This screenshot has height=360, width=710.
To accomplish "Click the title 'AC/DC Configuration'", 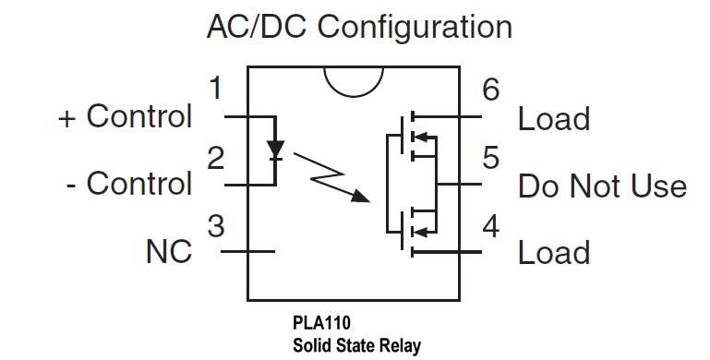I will point(358,28).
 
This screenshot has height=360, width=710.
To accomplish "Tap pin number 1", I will point(216,90).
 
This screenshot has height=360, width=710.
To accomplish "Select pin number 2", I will point(216,157).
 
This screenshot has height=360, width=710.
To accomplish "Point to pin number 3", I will point(216,225).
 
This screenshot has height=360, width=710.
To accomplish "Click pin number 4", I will point(491,225).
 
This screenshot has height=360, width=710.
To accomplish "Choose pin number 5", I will point(491,157).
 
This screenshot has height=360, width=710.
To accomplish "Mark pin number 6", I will point(491,90).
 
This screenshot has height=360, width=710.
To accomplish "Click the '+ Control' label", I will point(126,117).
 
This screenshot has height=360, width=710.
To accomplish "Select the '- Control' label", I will point(129,184).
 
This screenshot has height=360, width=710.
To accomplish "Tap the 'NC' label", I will point(169,251).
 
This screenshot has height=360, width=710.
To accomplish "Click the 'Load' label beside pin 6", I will point(553,119).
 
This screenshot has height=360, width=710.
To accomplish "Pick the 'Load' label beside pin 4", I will point(553,252).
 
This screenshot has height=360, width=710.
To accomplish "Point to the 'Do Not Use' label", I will point(602,186).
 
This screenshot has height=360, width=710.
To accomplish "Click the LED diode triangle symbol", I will point(275,148).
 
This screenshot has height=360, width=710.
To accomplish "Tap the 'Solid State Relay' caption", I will point(356,346).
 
